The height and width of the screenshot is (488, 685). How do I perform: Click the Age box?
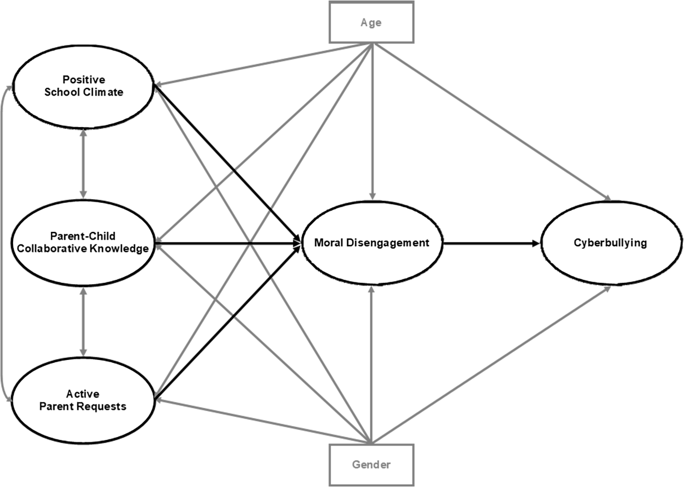click(x=371, y=22)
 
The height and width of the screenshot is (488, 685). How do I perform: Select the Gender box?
click(x=371, y=465)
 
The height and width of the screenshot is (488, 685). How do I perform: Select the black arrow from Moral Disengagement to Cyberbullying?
click(x=492, y=244)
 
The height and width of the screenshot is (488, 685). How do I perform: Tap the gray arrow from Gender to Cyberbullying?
click(x=491, y=365)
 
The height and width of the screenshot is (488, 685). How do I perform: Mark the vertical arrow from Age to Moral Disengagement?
click(x=372, y=122)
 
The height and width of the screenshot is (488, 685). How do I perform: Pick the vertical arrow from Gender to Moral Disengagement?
click(x=371, y=364)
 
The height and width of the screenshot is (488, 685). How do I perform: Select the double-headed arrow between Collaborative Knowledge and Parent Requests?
click(x=83, y=322)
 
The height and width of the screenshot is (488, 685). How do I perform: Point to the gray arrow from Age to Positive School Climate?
click(x=262, y=64)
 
